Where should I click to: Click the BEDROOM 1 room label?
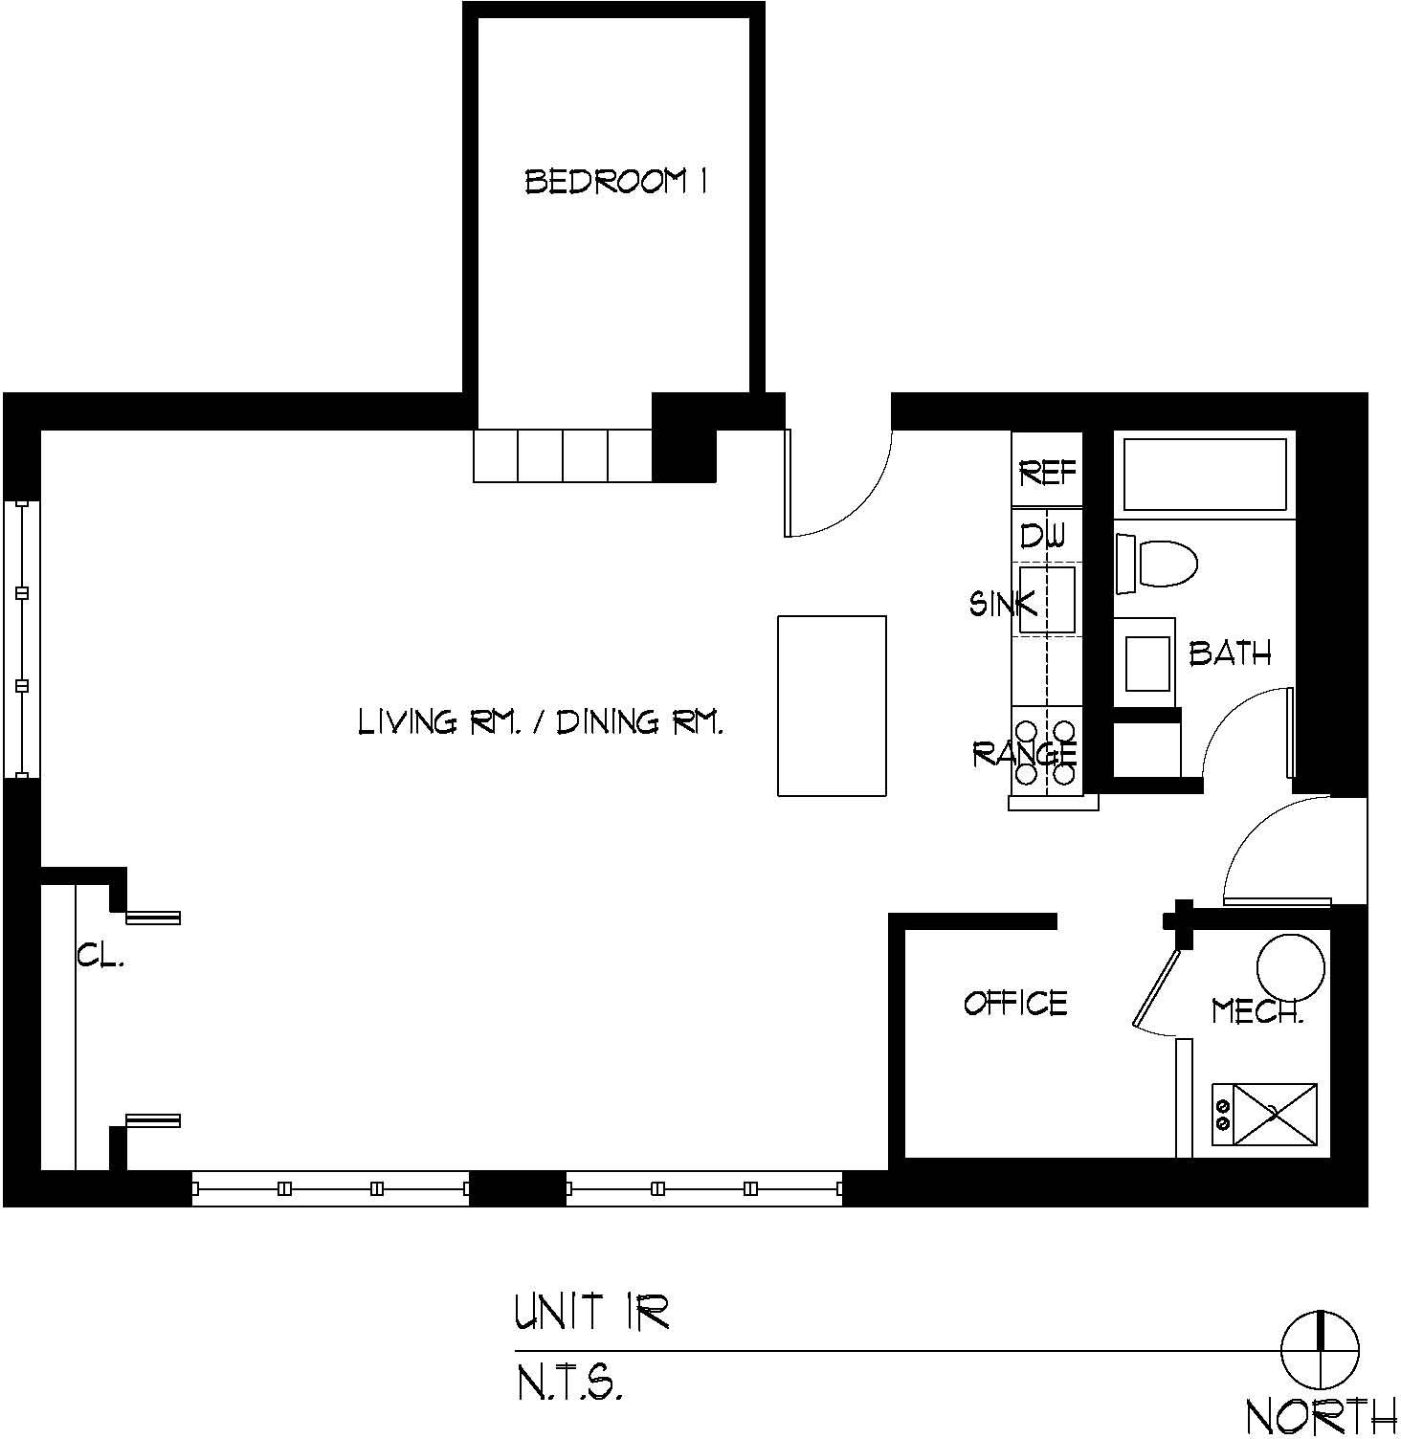(616, 181)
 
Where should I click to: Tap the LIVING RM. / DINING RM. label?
(541, 720)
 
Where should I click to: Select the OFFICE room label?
(1015, 1003)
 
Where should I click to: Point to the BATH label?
(1231, 653)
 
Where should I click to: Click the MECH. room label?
(1257, 1011)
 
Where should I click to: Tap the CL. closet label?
(100, 956)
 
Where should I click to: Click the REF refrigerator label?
(1048, 473)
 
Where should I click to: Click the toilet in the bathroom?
(1157, 563)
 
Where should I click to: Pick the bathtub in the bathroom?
(1205, 475)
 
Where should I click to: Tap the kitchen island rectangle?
(832, 706)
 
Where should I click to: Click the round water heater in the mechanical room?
(1290, 966)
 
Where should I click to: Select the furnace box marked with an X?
(1265, 1114)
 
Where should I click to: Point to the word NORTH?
(1322, 1416)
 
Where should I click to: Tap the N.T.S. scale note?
(570, 1383)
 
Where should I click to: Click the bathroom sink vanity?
(1145, 663)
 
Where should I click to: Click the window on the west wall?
(22, 639)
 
